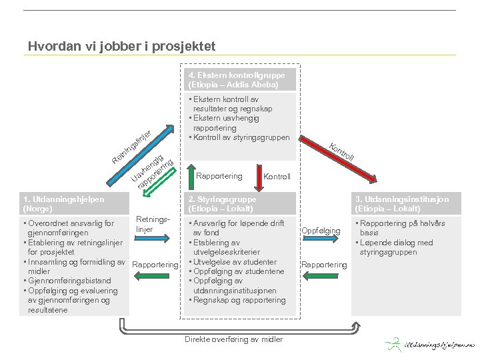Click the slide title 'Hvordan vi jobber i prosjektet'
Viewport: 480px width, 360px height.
(x=121, y=47)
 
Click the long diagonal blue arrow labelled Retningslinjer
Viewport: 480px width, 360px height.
(x=139, y=148)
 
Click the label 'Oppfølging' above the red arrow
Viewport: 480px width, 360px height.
(x=321, y=231)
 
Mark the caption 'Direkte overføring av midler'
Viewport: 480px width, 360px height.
(x=233, y=339)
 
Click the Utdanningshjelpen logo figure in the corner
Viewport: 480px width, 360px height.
(x=394, y=345)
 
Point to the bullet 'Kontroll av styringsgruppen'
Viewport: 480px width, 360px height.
(x=241, y=137)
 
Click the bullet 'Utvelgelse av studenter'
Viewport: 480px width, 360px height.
(x=233, y=262)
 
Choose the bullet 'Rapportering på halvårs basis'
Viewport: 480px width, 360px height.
(x=403, y=228)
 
